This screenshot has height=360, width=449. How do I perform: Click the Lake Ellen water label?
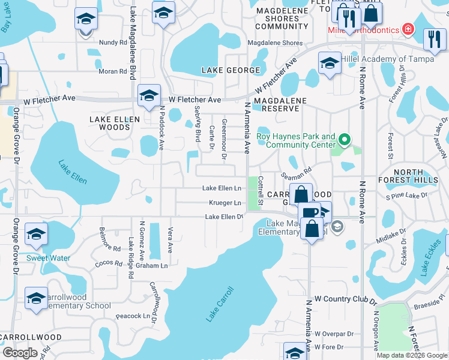coord(73,172)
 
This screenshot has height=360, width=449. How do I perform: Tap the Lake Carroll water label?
coord(220,304)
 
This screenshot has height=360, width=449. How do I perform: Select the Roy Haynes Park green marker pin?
coord(344,140)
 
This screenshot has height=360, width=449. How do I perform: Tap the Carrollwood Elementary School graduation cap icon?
coord(36,297)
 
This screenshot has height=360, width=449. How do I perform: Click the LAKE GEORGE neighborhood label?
coord(231,70)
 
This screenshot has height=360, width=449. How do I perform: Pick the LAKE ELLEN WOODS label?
coord(114,124)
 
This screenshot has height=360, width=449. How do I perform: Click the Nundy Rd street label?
coord(113,43)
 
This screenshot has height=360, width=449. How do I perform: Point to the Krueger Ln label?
coord(225,203)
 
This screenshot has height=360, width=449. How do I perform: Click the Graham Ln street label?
coord(152,265)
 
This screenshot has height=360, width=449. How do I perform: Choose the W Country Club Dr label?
coord(345,298)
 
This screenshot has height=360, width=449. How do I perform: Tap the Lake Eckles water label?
coord(433,259)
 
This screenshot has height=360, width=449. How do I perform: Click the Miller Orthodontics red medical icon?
coord(408,29)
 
